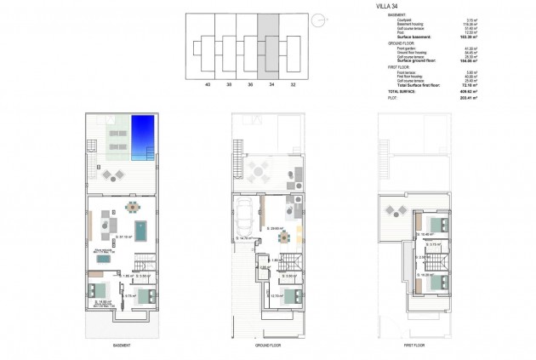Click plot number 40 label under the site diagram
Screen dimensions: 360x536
tap(208, 85)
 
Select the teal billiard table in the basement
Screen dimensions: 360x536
tap(140, 229)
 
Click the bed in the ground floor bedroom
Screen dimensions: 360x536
tap(291, 295)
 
